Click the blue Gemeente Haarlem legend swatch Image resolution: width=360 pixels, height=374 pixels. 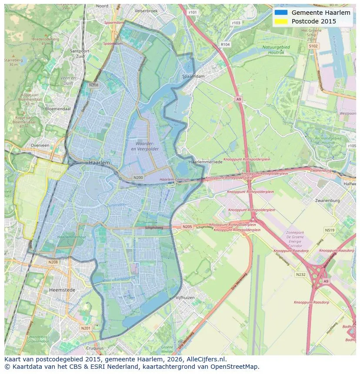281,13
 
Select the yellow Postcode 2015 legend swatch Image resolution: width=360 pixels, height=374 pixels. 281,21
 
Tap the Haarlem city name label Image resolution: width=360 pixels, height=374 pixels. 99,162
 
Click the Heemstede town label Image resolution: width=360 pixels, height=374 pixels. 62,290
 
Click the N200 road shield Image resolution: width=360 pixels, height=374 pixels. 138,177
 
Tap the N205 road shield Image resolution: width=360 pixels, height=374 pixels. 187,227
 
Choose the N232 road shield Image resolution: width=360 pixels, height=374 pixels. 300,275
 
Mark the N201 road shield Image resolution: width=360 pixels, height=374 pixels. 86,328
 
